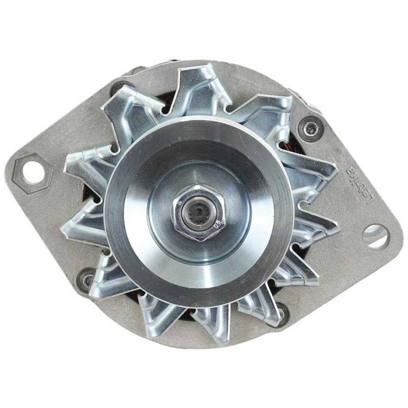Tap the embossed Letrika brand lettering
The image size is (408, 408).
point(351,186)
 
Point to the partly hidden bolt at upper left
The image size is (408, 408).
point(119,87)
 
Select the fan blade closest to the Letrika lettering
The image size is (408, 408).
point(315,175)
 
